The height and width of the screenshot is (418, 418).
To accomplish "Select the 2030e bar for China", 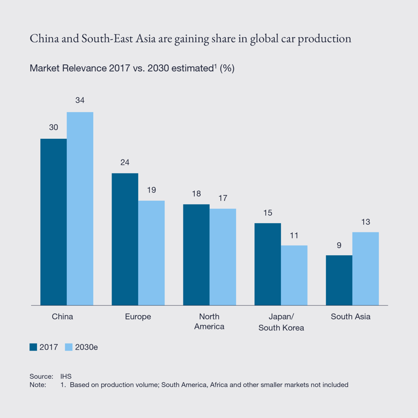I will pyautogui.click(x=80, y=209).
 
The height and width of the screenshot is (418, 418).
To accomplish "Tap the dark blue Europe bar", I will pyautogui.click(x=125, y=239).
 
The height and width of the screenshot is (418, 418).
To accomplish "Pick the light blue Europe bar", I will pyautogui.click(x=151, y=253).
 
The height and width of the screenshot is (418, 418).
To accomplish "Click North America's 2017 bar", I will pyautogui.click(x=196, y=255).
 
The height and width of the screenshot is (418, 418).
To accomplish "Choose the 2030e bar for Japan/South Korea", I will pyautogui.click(x=294, y=275).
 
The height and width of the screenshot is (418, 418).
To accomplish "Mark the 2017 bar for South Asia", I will pyautogui.click(x=339, y=280).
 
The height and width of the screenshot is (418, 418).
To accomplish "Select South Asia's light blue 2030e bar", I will pyautogui.click(x=365, y=269).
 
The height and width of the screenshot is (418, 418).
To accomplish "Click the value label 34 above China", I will pyautogui.click(x=80, y=101).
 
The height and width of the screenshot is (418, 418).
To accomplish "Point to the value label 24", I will pyautogui.click(x=125, y=162).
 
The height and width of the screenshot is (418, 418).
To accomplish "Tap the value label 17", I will pyautogui.click(x=223, y=198).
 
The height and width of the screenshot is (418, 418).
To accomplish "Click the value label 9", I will pyautogui.click(x=339, y=245).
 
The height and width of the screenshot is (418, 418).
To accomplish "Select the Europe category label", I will pyautogui.click(x=138, y=317).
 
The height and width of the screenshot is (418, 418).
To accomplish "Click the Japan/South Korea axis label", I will pyautogui.click(x=281, y=322).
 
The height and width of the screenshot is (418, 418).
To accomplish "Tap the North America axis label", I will pyautogui.click(x=210, y=322).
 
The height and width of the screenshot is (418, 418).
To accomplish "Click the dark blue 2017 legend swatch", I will pyautogui.click(x=33, y=347).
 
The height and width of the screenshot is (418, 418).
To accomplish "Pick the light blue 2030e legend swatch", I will pyautogui.click(x=69, y=347).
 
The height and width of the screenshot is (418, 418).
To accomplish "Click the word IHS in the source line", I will pyautogui.click(x=66, y=376).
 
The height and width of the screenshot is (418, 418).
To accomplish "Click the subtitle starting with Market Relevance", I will pyautogui.click(x=132, y=69).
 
